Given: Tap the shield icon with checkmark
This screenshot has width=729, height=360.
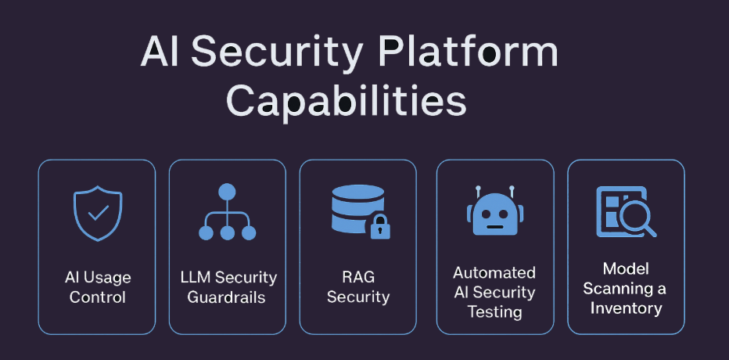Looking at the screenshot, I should coord(97,214).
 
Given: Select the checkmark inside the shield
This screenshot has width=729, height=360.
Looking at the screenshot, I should coord(98,213).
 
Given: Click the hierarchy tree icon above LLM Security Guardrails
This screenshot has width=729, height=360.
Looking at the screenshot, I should coord(227,212).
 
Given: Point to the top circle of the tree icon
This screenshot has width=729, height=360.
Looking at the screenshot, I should coord(227,192).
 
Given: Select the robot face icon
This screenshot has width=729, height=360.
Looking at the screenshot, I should coord(494,212).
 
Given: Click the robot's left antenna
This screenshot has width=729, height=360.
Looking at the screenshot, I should coord(477,190).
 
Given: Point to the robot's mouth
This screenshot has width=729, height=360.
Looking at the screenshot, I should coord(494,227).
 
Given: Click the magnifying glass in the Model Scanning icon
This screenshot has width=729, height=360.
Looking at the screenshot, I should coord(637,218).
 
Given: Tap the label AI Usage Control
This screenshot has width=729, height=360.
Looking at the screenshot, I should coord(98,287).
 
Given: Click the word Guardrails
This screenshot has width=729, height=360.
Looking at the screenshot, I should coord(227,298).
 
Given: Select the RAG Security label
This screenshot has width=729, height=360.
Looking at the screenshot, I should coord(358,287).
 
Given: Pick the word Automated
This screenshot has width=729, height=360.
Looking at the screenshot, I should coord(494,273).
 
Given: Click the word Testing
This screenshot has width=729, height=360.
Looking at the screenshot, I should coord(494,311).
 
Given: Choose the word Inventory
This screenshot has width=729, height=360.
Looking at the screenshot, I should coord(626,308).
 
